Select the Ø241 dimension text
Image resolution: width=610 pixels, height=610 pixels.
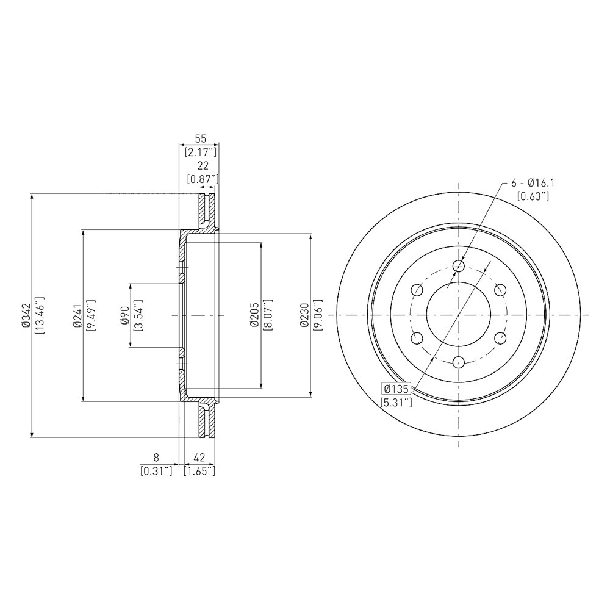(77, 315)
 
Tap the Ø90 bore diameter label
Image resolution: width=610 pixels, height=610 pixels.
(124, 315)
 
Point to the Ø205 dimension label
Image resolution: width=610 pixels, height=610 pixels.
(255, 315)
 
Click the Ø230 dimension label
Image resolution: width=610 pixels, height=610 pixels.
(304, 315)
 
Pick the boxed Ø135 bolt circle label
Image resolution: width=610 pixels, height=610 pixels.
(396, 389)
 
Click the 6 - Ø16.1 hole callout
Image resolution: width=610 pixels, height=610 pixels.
(533, 183)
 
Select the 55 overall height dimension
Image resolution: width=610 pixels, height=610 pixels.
(200, 138)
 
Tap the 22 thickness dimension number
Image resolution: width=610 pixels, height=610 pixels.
(203, 166)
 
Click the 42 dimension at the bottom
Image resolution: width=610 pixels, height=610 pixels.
(199, 457)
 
